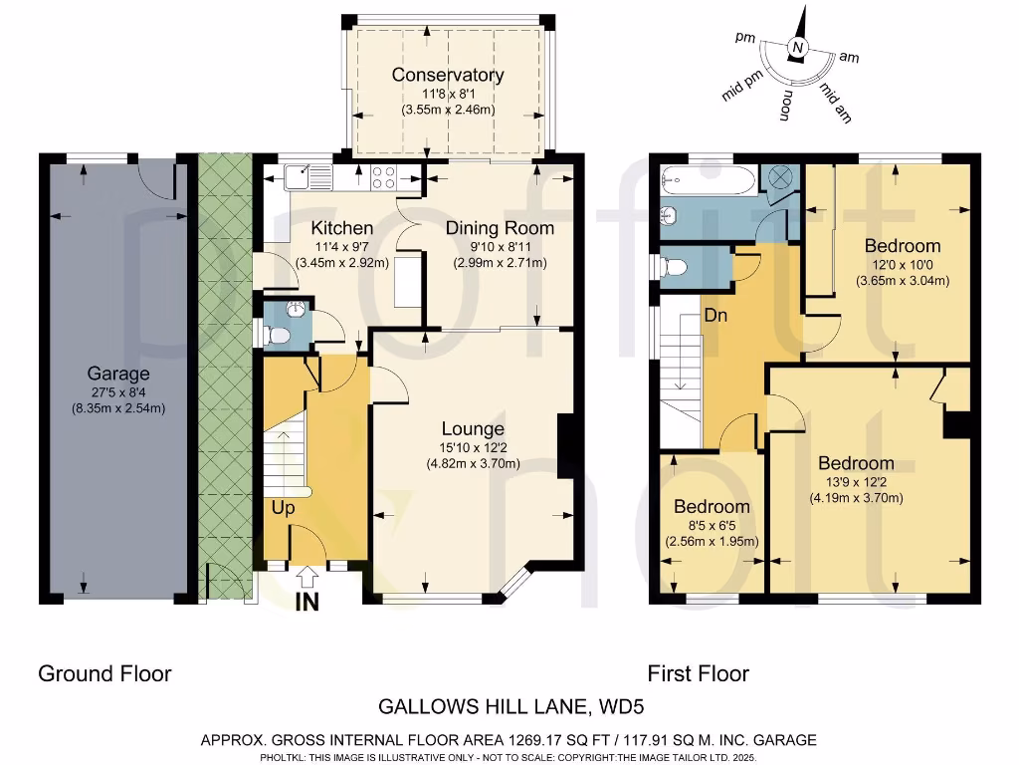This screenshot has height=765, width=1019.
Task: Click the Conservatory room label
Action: (447, 75)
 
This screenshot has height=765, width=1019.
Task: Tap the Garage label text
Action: (117, 374)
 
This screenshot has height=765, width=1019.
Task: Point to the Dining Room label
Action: (500, 228)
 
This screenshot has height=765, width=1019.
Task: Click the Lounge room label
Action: (474, 429)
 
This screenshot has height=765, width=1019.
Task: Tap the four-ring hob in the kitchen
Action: (384, 177)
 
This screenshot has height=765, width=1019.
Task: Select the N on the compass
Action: (796, 47)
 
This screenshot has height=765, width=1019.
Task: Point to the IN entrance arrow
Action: (307, 578)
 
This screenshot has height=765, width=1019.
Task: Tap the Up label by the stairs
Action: (283, 507)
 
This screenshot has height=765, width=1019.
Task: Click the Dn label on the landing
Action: (715, 316)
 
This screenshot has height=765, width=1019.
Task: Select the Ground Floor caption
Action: (104, 673)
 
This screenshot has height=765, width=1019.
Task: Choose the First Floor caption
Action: (698, 673)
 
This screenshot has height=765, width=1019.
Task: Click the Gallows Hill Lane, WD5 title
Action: (510, 708)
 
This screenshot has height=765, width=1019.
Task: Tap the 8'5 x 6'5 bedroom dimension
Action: (711, 525)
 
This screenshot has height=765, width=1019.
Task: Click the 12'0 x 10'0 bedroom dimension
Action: (903, 264)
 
